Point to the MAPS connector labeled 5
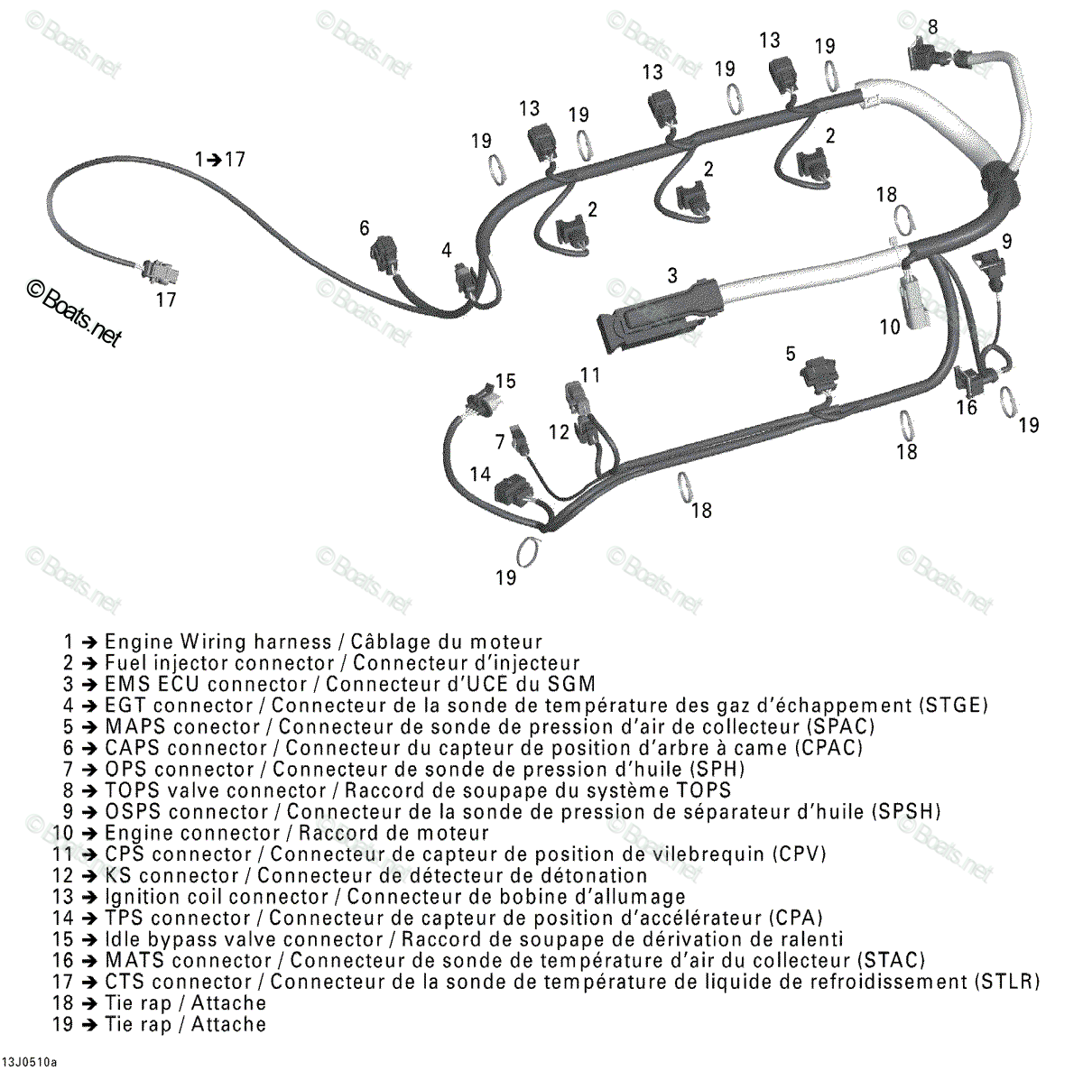coord(821,374)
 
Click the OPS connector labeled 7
coord(519,439)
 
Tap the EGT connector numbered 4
coord(466,279)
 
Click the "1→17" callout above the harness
coord(219,160)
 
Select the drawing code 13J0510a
coord(29,1062)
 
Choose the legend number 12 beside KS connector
coord(62,875)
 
